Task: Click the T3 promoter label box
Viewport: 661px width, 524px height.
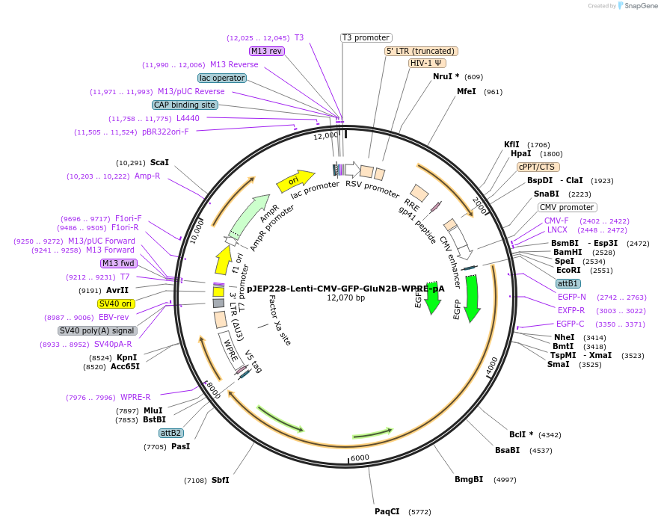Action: tap(366, 37)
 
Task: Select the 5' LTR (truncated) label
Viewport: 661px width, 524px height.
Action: tap(421, 51)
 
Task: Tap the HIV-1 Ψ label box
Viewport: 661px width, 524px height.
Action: tap(428, 63)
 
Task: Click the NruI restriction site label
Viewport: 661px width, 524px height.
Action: tap(446, 76)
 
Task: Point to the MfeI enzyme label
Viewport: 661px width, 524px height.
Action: tap(467, 91)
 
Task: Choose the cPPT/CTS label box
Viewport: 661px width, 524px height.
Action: tap(538, 167)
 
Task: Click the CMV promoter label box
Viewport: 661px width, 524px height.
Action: tap(567, 207)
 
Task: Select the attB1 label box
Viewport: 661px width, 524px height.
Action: tap(568, 283)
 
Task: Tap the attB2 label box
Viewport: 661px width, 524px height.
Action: tap(170, 433)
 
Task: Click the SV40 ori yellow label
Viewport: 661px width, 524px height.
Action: tap(115, 303)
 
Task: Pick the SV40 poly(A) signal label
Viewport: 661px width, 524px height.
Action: tap(97, 330)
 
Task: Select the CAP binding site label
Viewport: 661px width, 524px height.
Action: tap(185, 105)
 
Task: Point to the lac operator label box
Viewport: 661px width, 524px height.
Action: tap(222, 78)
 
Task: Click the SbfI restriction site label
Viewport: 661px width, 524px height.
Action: tap(220, 480)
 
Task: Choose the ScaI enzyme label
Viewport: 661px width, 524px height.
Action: tap(159, 162)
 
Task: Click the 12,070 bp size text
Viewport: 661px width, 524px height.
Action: tap(345, 298)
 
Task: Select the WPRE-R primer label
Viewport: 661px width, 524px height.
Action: tap(135, 397)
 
